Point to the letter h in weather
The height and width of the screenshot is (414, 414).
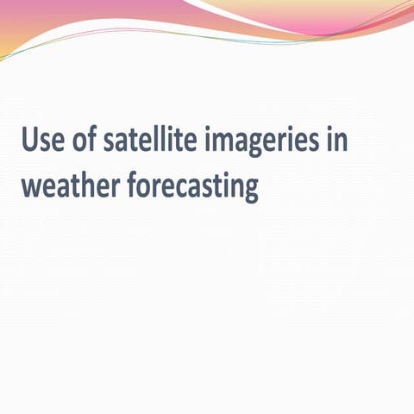(x=86, y=184)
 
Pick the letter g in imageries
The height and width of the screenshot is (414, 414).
(x=259, y=145)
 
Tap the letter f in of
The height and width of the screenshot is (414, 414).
(x=94, y=138)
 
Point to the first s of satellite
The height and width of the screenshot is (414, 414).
(x=111, y=141)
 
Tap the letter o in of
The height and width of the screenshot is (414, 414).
(x=83, y=141)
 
